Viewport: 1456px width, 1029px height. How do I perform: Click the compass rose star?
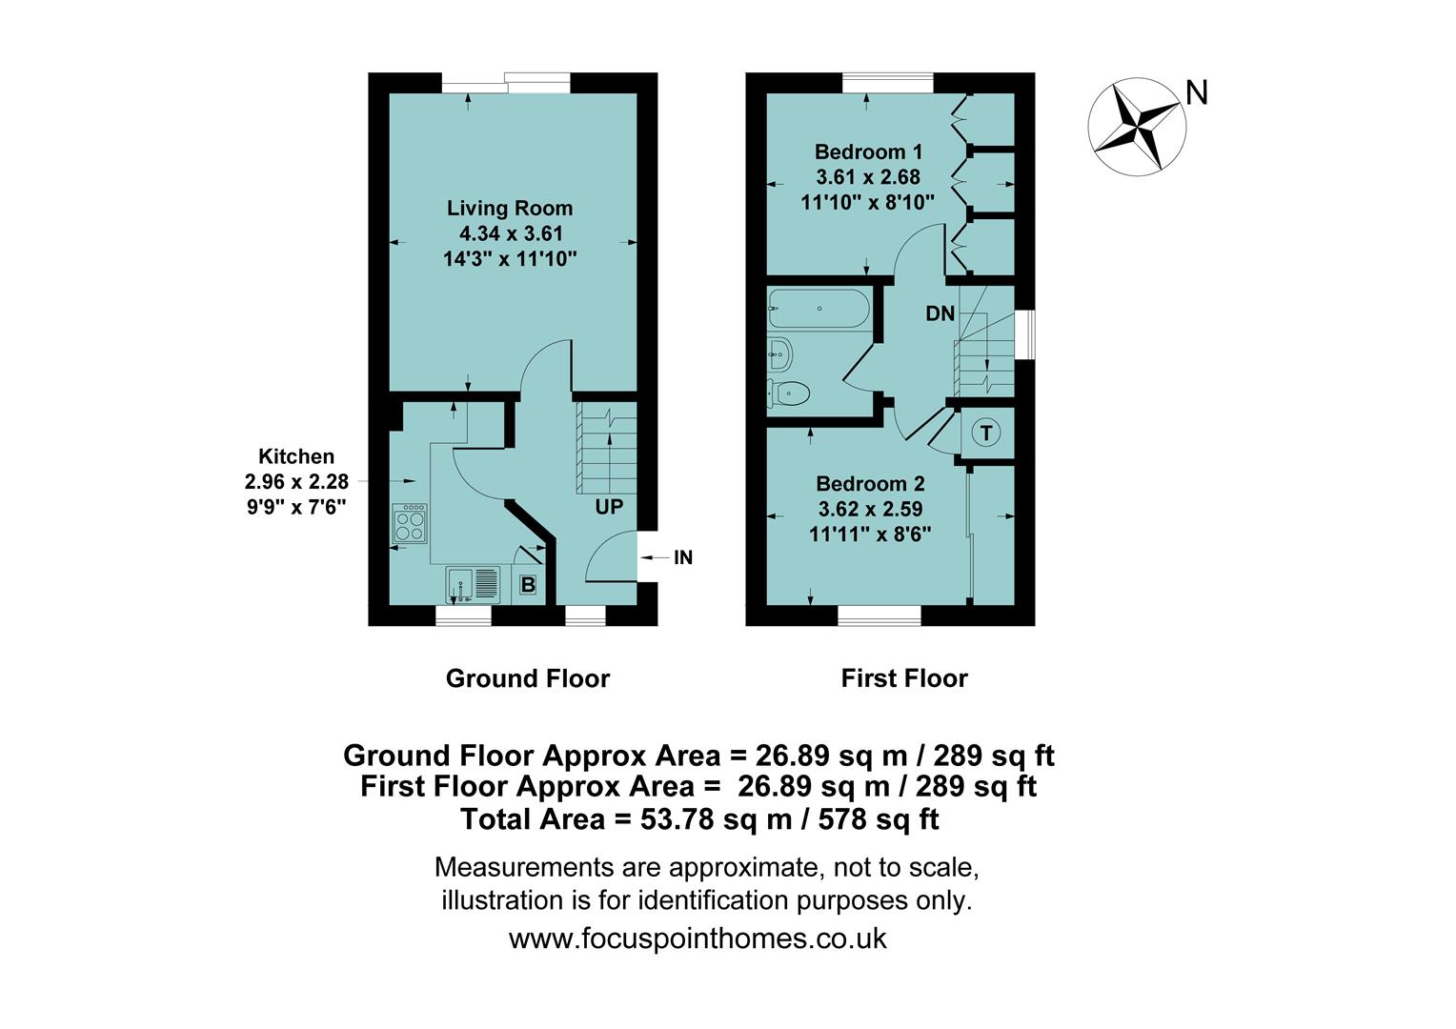pyautogui.click(x=1137, y=128)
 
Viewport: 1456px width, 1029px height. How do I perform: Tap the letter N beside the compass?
pyautogui.click(x=1197, y=93)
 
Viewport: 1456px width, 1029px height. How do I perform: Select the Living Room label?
pyautogui.click(x=510, y=208)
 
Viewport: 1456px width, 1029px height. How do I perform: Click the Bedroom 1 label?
pyautogui.click(x=868, y=151)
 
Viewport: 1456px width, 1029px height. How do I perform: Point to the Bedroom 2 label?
pyautogui.click(x=870, y=484)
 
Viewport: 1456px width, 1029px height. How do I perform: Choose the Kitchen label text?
pyautogui.click(x=296, y=456)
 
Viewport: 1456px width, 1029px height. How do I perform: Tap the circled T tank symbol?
pyautogui.click(x=986, y=434)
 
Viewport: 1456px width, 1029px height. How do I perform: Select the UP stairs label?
pyautogui.click(x=609, y=507)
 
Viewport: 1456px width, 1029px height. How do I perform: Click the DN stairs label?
pyautogui.click(x=940, y=313)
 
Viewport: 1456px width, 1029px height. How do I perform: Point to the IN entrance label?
pyautogui.click(x=682, y=557)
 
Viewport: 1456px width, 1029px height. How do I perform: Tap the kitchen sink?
pyautogui.click(x=473, y=584)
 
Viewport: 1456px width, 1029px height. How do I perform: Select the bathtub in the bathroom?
pyautogui.click(x=819, y=309)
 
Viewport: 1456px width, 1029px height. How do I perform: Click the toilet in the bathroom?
pyautogui.click(x=790, y=392)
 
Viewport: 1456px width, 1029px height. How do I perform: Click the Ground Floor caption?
pyautogui.click(x=527, y=678)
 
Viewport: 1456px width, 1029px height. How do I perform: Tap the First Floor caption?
pyautogui.click(x=903, y=678)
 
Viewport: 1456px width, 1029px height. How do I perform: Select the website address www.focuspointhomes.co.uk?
pyautogui.click(x=698, y=938)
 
